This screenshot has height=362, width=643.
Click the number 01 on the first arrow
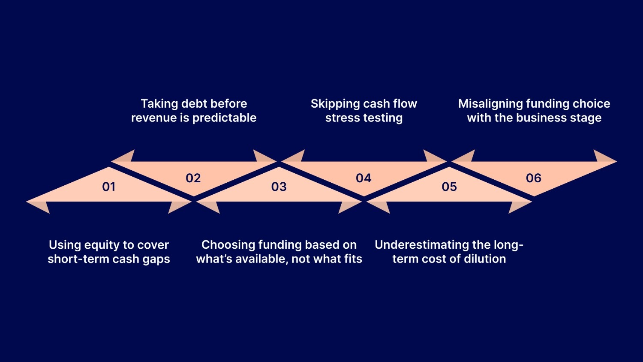[x=109, y=187]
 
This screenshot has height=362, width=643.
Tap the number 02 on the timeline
[x=193, y=178]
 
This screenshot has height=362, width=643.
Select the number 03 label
[x=279, y=187]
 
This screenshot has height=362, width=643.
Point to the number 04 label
[x=364, y=178]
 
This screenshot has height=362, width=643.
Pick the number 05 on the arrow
[x=449, y=187]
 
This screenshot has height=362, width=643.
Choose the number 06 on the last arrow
[x=534, y=178]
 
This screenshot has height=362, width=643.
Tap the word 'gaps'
[x=156, y=259]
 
